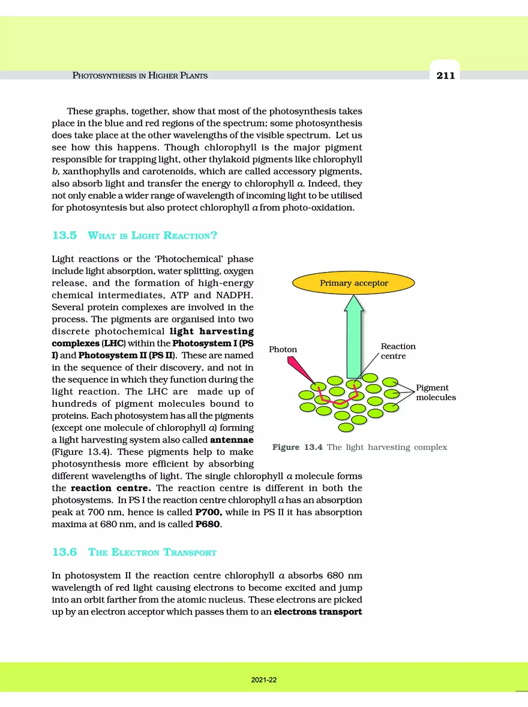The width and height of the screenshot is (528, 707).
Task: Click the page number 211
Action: [445, 75]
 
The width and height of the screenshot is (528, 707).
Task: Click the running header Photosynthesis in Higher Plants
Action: [140, 75]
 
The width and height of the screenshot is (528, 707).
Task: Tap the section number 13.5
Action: [65, 235]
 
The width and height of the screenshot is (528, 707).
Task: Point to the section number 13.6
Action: [65, 552]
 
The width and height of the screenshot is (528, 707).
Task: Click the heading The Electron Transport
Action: [152, 552]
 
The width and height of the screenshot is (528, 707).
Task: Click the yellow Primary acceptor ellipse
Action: [353, 283]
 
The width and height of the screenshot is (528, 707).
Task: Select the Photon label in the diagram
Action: [283, 349]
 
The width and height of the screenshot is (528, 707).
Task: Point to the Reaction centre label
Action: [398, 351]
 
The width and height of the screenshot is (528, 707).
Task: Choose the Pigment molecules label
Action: [436, 392]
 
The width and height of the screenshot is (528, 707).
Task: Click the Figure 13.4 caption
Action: [359, 447]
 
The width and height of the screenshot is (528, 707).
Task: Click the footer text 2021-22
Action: [264, 680]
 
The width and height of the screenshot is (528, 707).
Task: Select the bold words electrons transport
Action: [318, 612]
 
